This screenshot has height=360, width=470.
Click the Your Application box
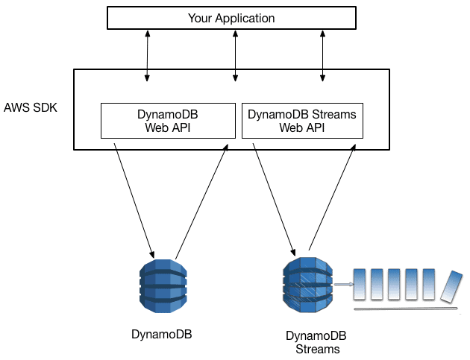pyautogui.click(x=231, y=18)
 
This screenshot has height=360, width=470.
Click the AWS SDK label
pyautogui.click(x=31, y=107)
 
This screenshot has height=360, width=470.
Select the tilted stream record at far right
pyautogui.click(x=451, y=286)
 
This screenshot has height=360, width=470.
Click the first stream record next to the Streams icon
pyautogui.click(x=360, y=284)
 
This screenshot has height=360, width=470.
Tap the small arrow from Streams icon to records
pyautogui.click(x=342, y=284)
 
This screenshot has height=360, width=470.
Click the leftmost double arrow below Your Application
pyautogui.click(x=147, y=56)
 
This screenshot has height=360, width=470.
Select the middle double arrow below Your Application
pyautogui.click(x=236, y=56)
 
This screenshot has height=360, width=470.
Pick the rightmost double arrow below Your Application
pyautogui.click(x=322, y=56)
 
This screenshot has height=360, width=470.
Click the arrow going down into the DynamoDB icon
pyautogui.click(x=134, y=200)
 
